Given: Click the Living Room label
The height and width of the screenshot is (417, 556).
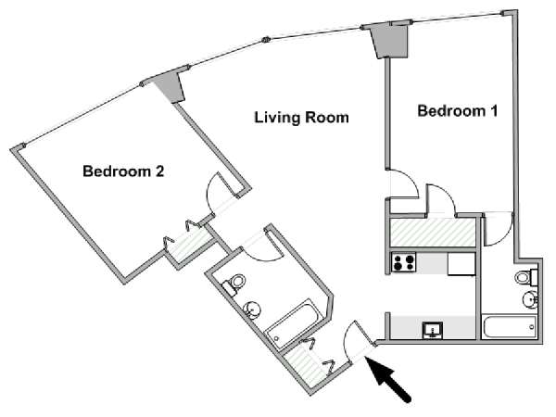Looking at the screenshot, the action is coord(301,118).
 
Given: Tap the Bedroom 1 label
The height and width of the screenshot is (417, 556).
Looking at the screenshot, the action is coord(458,111).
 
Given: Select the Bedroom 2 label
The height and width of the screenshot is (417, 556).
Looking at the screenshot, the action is coord(123,171).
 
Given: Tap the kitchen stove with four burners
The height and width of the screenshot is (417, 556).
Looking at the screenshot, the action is coord(403,262).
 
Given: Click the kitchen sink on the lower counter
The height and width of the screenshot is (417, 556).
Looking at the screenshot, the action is coord(433,330).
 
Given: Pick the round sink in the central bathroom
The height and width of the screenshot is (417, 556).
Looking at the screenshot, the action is coord(253,310).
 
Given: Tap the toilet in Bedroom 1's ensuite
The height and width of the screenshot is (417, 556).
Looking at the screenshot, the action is coord(526,277).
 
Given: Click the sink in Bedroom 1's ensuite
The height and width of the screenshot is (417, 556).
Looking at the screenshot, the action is coord(530,299).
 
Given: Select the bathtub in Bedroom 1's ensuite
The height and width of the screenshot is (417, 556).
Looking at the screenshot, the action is coord(509,327).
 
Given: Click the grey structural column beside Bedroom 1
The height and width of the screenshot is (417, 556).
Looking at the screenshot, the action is coord(389,40).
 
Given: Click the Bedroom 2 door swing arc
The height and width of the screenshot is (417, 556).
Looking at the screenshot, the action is coord(210,194).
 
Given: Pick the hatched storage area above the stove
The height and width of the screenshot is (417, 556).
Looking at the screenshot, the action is coord(433,233).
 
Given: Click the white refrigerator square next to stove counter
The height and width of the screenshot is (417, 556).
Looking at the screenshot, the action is coord(461,264).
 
